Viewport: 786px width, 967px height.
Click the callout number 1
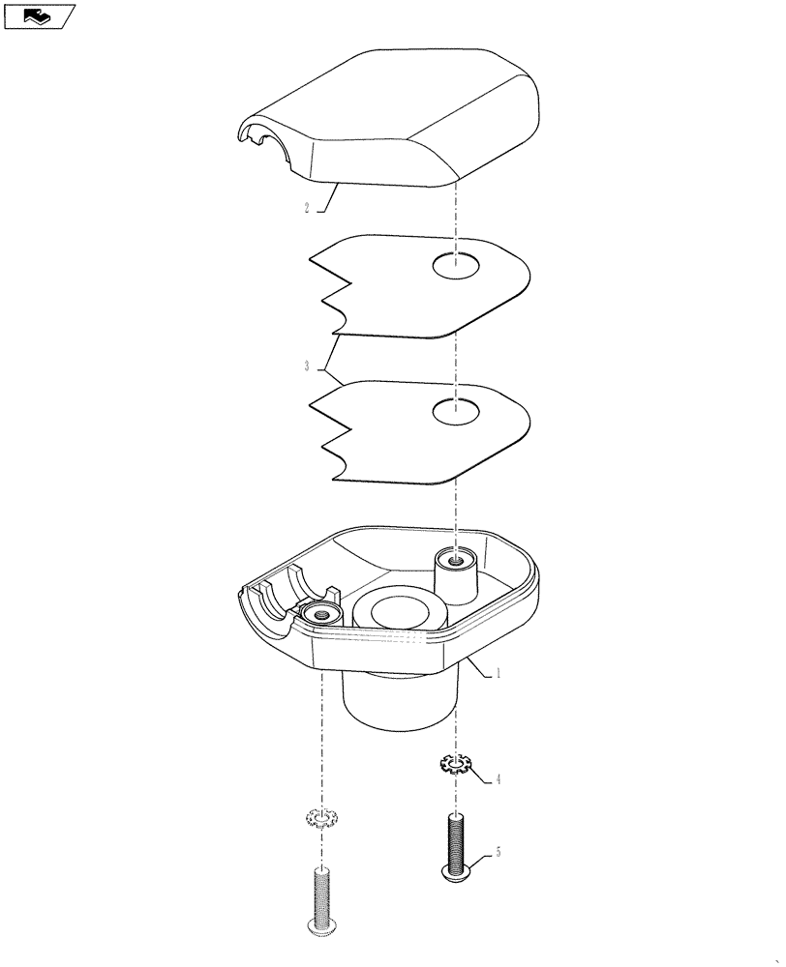point(498,674)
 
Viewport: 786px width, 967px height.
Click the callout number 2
point(306,207)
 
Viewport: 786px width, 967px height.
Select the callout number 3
point(306,366)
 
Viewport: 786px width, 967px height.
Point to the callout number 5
point(498,853)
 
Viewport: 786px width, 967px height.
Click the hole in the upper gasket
point(456,267)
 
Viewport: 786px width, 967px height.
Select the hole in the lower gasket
point(456,413)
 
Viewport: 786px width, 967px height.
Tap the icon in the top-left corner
point(39,15)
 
